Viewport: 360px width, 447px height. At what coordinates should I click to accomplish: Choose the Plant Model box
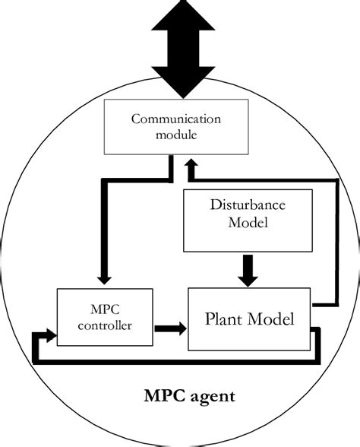point(250,318)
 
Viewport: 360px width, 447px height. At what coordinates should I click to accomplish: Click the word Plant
point(226,318)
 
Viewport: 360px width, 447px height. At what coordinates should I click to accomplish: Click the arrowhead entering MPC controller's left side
point(50,334)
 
